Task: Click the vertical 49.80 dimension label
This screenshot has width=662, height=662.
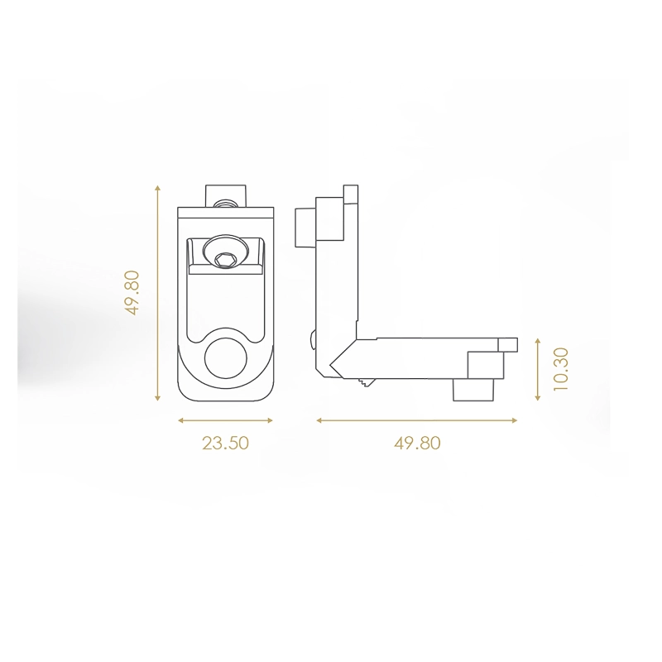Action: coord(132,293)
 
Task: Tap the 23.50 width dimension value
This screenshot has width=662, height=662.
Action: coord(225,444)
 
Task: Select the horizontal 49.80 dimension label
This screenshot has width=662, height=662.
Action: coord(417,444)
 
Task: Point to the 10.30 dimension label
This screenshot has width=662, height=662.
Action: coord(561,369)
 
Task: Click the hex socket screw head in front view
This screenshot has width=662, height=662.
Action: coord(224,255)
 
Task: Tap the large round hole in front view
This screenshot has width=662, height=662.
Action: coord(225,358)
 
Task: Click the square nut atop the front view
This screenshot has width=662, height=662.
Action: coord(225,196)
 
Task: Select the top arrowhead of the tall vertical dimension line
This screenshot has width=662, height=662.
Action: coord(157,188)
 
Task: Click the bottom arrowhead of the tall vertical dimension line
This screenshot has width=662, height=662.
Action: coord(157,397)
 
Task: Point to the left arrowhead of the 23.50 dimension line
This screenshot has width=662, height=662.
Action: coord(181,420)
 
